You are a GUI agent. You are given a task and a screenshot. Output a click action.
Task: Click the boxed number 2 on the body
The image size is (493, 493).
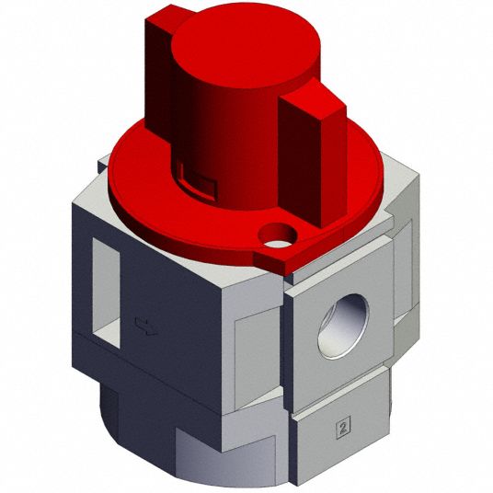click(x=343, y=427)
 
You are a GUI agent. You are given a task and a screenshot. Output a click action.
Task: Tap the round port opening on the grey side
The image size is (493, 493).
click(x=343, y=326)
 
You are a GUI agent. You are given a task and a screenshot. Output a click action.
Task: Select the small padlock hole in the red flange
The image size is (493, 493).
click(x=278, y=235)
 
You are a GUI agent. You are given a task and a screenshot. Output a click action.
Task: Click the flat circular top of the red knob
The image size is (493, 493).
click(x=246, y=46)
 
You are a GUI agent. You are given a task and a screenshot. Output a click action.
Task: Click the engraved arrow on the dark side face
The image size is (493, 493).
click(x=145, y=327)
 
